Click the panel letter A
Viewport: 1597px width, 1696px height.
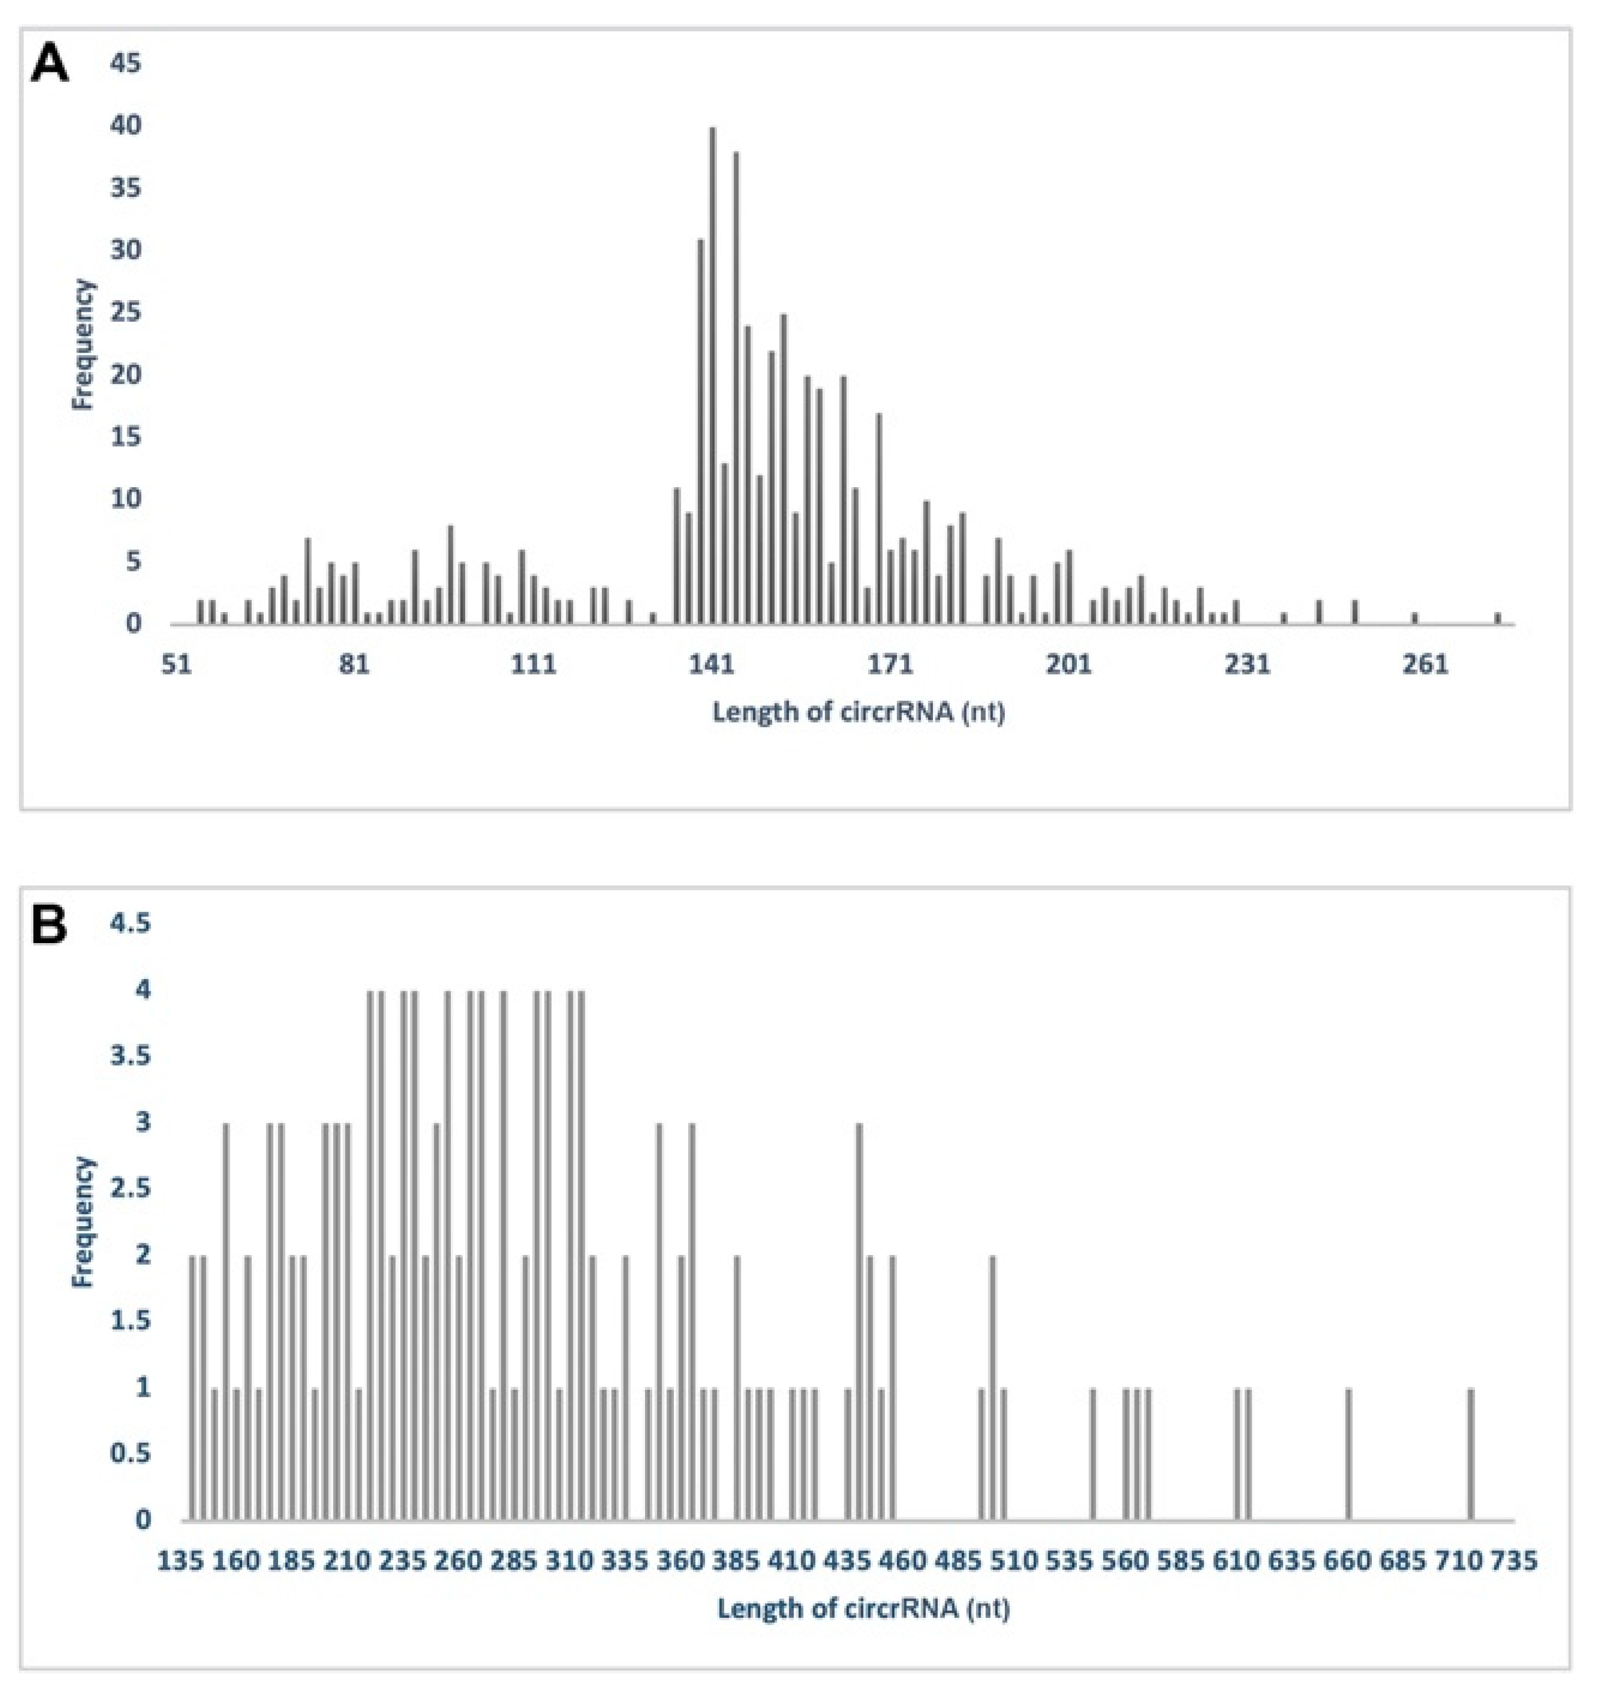pyautogui.click(x=49, y=65)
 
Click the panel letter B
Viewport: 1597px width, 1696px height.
pyautogui.click(x=49, y=926)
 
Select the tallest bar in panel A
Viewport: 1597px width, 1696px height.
pyautogui.click(x=712, y=375)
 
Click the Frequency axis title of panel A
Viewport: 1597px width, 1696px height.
pyautogui.click(x=83, y=344)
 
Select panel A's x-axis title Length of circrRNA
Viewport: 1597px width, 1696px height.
pyautogui.click(x=858, y=711)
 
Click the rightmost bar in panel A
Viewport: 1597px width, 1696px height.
pyautogui.click(x=1497, y=618)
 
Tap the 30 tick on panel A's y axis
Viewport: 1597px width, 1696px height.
pyautogui.click(x=124, y=251)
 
